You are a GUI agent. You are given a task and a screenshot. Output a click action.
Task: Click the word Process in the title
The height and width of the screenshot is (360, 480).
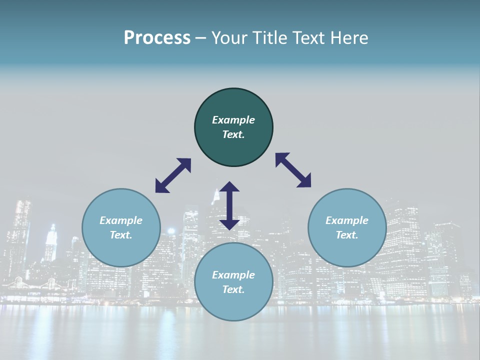pyautogui.click(x=157, y=38)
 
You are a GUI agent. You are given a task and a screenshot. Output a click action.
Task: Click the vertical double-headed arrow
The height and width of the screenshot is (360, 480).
pyautogui.click(x=229, y=205)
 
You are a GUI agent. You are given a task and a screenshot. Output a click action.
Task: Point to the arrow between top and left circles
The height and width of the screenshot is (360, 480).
pyautogui.click(x=173, y=175)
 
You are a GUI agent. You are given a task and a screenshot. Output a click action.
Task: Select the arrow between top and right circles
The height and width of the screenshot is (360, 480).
pyautogui.click(x=293, y=170)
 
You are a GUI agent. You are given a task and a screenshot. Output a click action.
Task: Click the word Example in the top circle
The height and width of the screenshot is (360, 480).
pyautogui.click(x=233, y=120)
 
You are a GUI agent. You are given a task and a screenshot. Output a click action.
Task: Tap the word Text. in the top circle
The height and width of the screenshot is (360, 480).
pyautogui.click(x=233, y=134)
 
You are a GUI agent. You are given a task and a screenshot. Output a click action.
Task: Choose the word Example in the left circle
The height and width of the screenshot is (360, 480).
pyautogui.click(x=121, y=220)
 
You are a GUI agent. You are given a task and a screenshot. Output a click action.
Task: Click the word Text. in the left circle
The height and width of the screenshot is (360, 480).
pyautogui.click(x=121, y=235)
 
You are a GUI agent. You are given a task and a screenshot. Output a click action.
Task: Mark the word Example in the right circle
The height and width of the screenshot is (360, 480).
pyautogui.click(x=347, y=220)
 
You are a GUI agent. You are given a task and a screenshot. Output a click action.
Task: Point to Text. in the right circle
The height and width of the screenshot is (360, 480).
pyautogui.click(x=347, y=235)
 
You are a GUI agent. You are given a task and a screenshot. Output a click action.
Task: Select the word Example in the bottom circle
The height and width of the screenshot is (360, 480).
pyautogui.click(x=233, y=275)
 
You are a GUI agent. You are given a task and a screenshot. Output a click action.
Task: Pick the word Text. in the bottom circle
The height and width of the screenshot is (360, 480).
pyautogui.click(x=233, y=289)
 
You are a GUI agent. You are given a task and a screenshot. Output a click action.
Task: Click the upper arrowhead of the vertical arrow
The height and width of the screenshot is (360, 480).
pyautogui.click(x=229, y=187)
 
